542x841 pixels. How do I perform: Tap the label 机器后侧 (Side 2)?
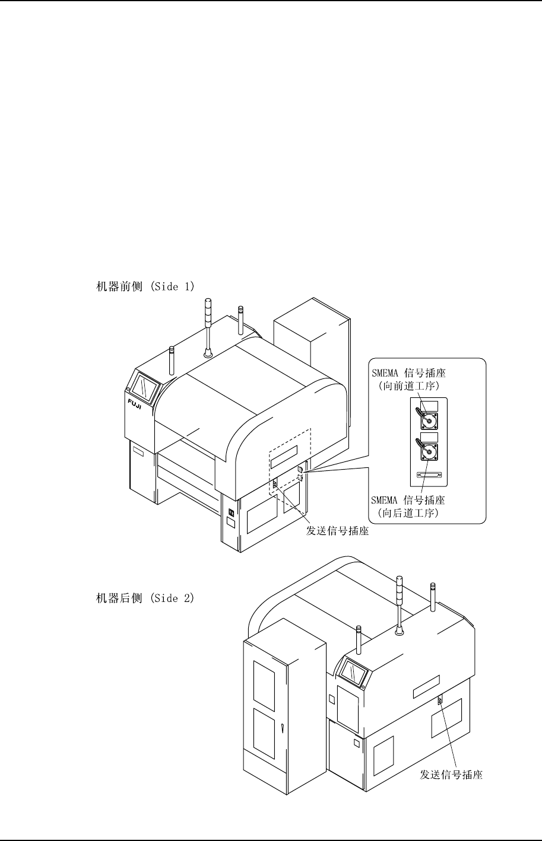point(145,598)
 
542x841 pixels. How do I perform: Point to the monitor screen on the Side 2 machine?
point(353,674)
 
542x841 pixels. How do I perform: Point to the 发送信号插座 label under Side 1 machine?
point(337,531)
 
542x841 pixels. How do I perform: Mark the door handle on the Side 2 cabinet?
point(284,729)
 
